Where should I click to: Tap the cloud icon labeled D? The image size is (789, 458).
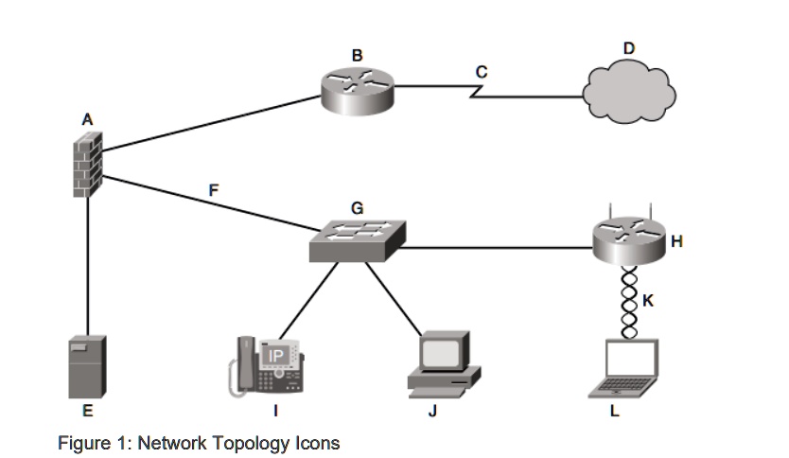click(x=629, y=92)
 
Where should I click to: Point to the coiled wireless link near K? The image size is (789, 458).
click(x=629, y=302)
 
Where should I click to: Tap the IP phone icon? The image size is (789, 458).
click(x=269, y=365)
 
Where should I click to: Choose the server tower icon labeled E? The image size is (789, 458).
click(x=87, y=365)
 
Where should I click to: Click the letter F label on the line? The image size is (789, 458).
click(x=214, y=189)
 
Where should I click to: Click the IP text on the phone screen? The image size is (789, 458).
click(x=276, y=354)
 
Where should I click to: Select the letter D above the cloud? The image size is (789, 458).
click(x=629, y=47)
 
